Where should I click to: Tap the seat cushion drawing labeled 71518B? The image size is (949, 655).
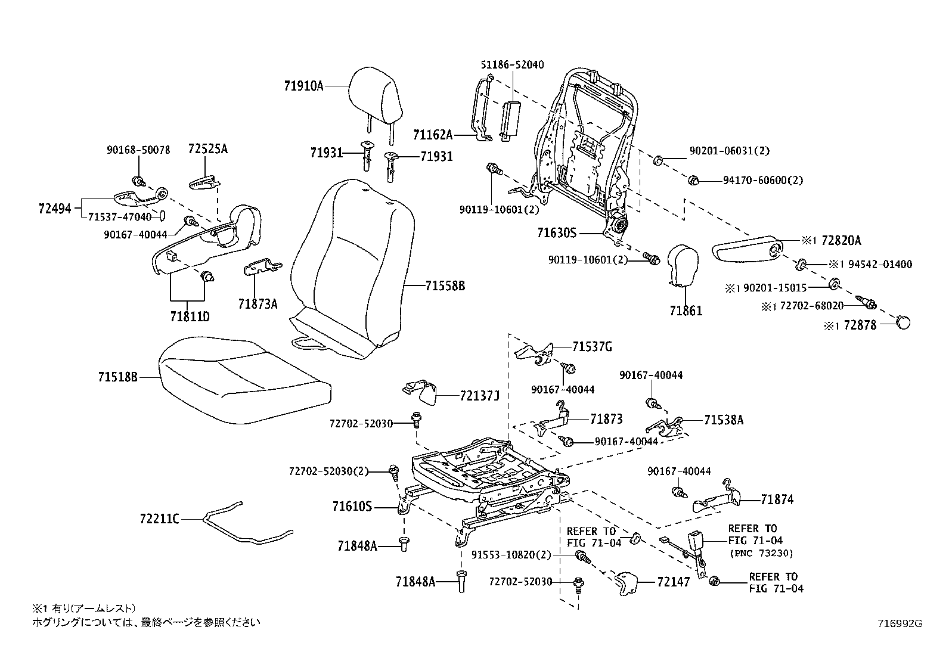tap(244, 381)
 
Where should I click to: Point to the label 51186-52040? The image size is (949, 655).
tap(513, 64)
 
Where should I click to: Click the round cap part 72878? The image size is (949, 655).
tap(904, 322)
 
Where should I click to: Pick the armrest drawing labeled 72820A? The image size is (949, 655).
tap(748, 250)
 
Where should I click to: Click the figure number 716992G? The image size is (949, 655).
tap(900, 624)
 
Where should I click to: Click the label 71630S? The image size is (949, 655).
tap(557, 233)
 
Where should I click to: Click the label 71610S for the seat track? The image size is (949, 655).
tap(352, 507)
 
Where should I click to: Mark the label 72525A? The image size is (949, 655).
tap(207, 149)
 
